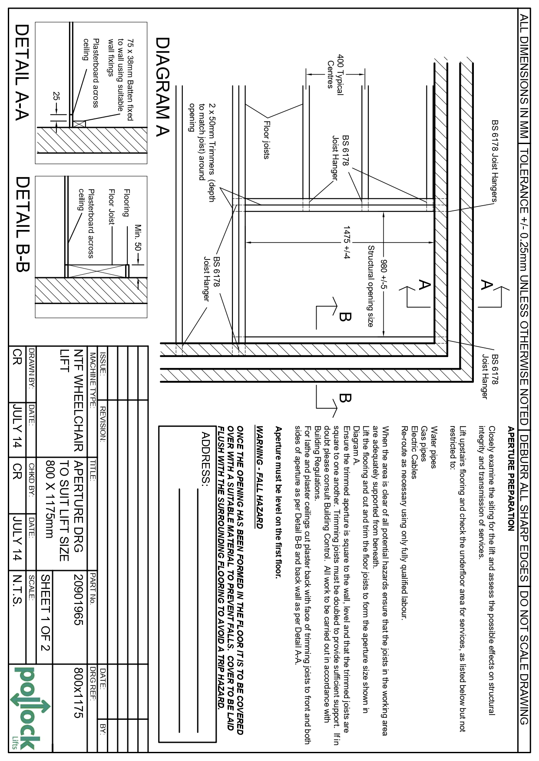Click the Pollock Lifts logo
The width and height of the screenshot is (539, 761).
[x=28, y=707]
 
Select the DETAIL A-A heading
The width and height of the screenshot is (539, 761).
[x=22, y=72]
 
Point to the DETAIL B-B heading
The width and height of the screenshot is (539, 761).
[x=22, y=224]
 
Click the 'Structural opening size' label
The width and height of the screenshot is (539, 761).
[x=370, y=286]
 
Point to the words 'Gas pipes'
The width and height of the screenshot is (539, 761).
[x=423, y=443]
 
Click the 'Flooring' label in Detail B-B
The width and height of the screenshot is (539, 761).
[x=126, y=203]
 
